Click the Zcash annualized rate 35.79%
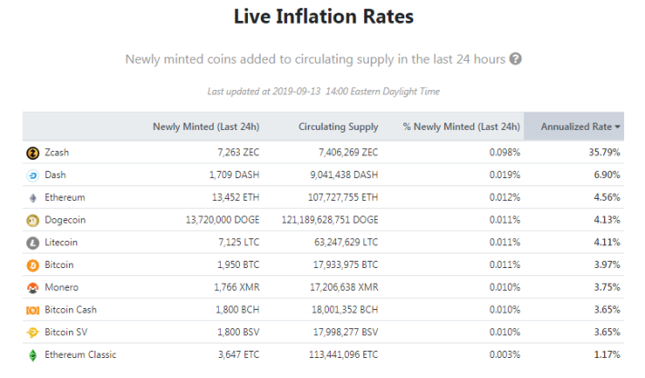(604, 153)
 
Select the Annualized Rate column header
(576, 126)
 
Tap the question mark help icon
(515, 59)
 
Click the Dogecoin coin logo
(33, 221)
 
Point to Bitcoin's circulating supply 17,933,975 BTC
(345, 265)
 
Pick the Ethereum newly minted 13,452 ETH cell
(235, 197)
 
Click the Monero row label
(61, 287)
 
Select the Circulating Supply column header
(338, 126)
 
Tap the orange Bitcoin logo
(33, 265)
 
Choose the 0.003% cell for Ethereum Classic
(505, 354)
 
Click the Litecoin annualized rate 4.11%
(607, 243)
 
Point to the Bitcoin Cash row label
(71, 310)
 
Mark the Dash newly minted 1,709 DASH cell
(234, 174)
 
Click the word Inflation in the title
(316, 16)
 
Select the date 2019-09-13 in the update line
(296, 91)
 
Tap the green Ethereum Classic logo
(33, 355)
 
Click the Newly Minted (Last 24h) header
(206, 126)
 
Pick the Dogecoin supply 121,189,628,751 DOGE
(330, 220)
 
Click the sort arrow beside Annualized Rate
(618, 127)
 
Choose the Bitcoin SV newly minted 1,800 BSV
(238, 332)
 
